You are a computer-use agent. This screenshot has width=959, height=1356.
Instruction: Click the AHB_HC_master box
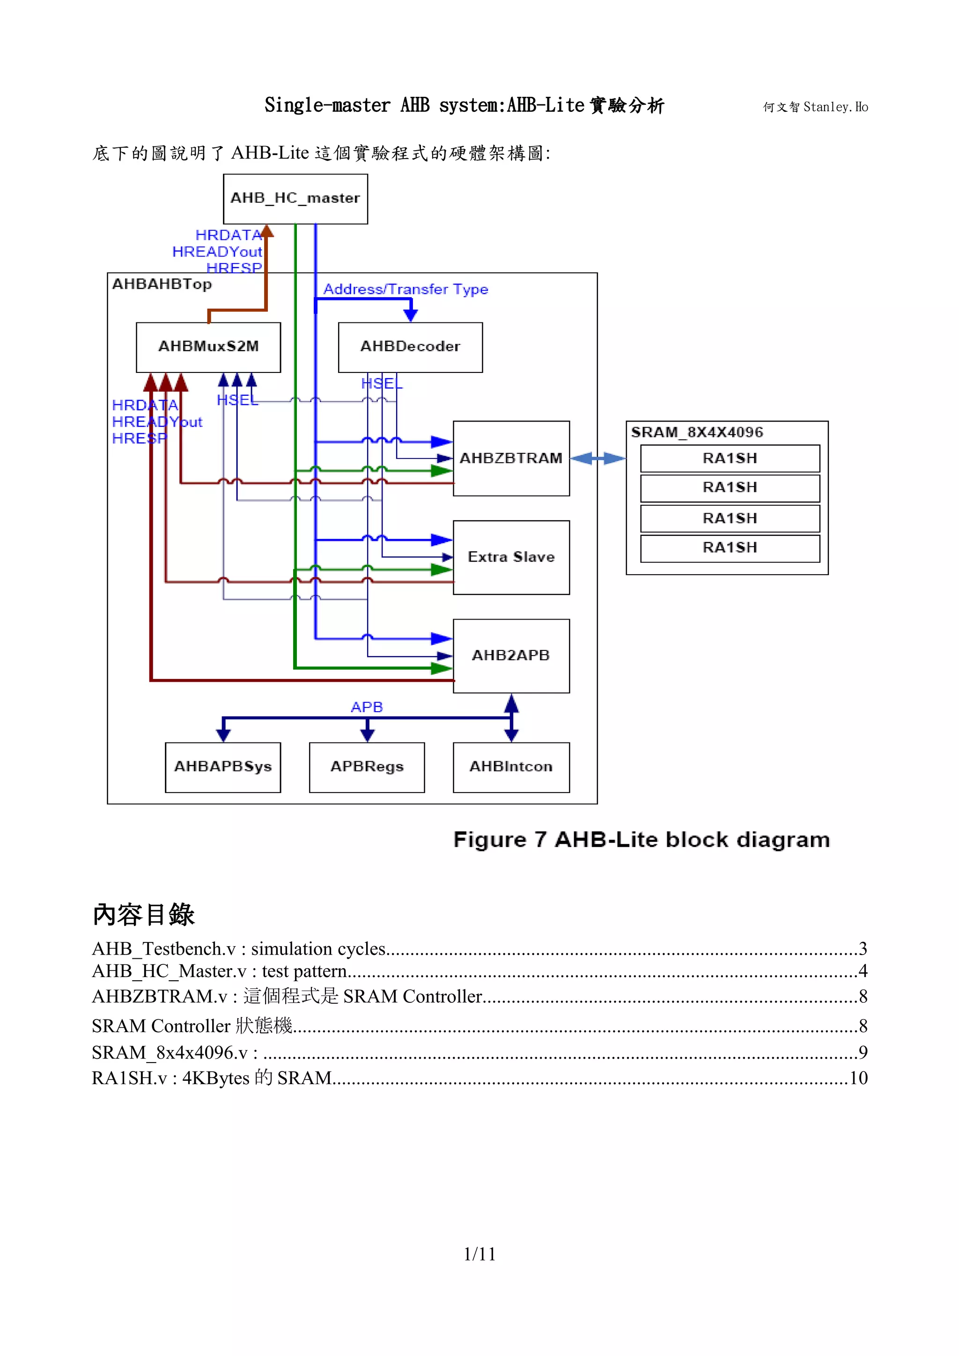[x=295, y=198]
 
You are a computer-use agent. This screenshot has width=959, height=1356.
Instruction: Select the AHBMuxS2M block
[x=208, y=347]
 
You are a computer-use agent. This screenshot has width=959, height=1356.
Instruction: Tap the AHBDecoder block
[x=410, y=347]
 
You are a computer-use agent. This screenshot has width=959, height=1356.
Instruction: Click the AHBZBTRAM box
[x=511, y=458]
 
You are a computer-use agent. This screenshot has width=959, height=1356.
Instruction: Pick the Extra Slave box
[x=511, y=557]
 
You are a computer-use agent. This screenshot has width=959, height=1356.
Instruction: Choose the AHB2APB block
[x=511, y=656]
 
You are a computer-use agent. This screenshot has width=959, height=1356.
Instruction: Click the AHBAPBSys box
[x=223, y=766]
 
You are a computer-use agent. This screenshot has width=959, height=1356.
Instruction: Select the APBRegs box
[x=367, y=766]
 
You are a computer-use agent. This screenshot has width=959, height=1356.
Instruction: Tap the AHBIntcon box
[x=511, y=766]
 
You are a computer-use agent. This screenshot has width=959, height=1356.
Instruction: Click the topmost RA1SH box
[x=730, y=458]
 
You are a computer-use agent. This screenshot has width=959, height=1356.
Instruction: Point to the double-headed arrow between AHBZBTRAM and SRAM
[x=598, y=458]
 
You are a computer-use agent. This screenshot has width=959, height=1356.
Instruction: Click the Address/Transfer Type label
[x=406, y=289]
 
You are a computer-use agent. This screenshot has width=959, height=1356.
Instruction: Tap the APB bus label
[x=367, y=707]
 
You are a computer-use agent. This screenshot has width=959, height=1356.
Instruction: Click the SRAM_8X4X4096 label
[x=697, y=432]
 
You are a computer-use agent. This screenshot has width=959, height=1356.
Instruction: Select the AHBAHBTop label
[x=162, y=284]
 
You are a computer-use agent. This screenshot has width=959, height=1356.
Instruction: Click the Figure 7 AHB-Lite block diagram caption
[x=641, y=839]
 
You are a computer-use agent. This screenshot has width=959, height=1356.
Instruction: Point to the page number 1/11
[x=479, y=1253]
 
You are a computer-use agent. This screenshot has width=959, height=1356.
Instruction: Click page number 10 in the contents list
[x=858, y=1078]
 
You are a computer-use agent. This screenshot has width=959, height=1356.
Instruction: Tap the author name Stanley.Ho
[x=835, y=107]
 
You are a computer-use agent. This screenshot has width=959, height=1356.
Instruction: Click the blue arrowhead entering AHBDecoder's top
[x=410, y=315]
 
